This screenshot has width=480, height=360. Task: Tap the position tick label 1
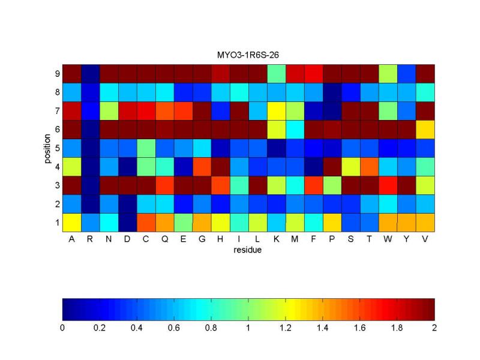tap(57, 223)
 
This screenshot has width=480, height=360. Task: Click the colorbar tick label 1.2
tap(286, 328)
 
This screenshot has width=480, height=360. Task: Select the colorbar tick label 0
tap(62, 328)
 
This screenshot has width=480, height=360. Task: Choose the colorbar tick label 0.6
tap(174, 328)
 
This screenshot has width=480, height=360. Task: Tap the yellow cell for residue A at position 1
tap(71, 223)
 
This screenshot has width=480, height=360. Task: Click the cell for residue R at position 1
tap(90, 223)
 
